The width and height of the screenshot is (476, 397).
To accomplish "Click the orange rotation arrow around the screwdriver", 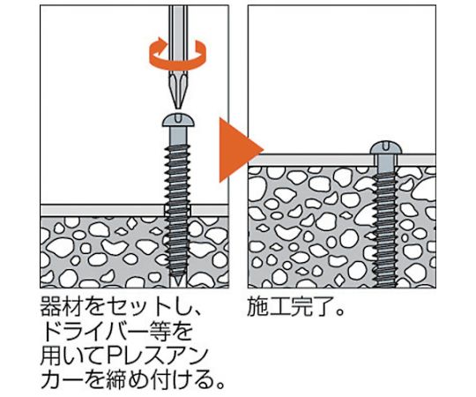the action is (177, 65).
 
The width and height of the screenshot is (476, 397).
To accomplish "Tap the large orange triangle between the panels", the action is (241, 150).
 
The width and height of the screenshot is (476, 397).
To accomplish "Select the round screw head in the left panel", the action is (178, 120).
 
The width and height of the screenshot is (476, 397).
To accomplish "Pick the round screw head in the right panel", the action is (386, 147).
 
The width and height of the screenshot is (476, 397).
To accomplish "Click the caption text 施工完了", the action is (291, 307).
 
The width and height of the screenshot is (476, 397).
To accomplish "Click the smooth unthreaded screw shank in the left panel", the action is (178, 136).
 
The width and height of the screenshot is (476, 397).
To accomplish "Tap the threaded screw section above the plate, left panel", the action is (178, 175).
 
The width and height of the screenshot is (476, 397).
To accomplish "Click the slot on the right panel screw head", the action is (386, 145).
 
